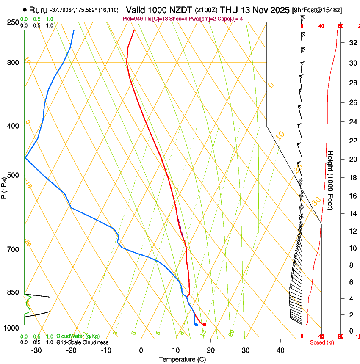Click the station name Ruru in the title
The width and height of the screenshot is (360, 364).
point(38,9)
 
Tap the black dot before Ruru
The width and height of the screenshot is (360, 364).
point(25,9)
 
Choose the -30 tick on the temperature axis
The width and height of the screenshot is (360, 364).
point(36,350)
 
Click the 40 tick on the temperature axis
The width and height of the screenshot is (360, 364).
point(280,350)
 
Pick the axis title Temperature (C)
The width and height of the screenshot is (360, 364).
point(182,359)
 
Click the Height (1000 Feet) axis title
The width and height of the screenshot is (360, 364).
point(330,180)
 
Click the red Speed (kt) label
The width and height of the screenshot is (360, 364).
point(322,342)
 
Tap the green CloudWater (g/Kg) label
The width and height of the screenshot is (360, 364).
point(78,336)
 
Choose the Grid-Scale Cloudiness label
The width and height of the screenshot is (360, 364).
point(82,342)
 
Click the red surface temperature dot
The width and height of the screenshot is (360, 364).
point(205,325)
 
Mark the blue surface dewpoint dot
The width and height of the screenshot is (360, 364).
point(196,325)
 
